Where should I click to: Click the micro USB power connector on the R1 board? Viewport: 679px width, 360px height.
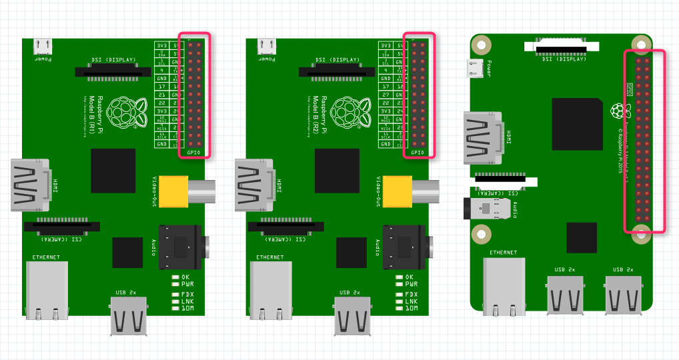[x=43, y=47]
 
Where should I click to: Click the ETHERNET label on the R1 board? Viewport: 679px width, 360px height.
[x=46, y=257]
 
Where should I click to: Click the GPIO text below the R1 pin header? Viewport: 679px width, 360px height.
[x=193, y=153]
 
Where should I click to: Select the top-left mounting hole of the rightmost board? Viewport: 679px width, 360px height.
[x=480, y=45]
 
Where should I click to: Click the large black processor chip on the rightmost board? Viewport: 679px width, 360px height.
[x=578, y=124]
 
